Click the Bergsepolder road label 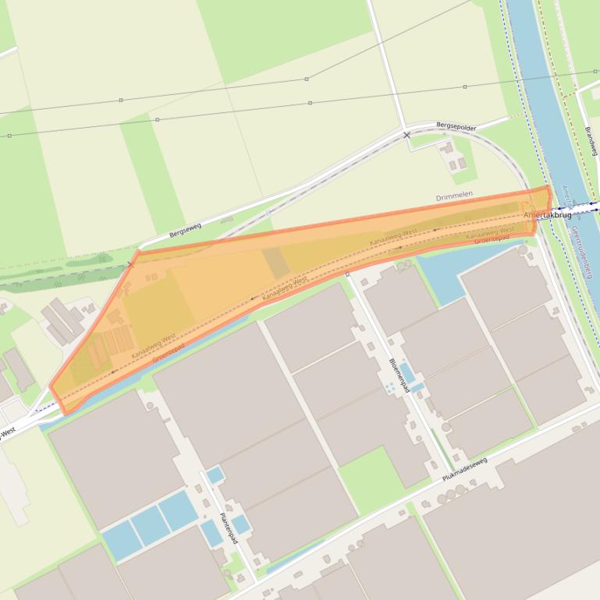pos(456,126)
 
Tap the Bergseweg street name pos(185,231)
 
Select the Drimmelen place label pos(454,197)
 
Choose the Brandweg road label pos(591,141)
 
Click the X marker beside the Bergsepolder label pos(407,136)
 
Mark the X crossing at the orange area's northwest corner pos(131,265)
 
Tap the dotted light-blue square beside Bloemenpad pos(388,386)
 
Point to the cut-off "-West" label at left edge pos(7,432)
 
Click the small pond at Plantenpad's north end pos(215,474)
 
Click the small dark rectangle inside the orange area pos(275,263)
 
